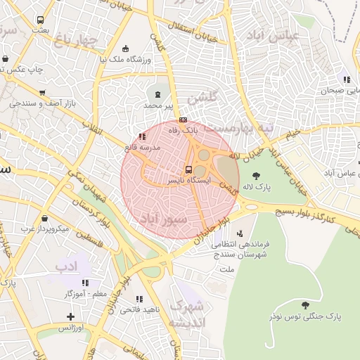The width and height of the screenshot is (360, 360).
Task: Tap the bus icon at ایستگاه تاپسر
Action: point(188,169)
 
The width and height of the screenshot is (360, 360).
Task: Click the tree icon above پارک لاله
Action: point(255,176)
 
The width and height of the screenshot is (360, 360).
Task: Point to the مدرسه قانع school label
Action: point(143,148)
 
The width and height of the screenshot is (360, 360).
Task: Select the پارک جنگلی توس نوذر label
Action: point(304,316)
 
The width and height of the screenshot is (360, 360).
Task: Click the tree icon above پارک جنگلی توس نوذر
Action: point(304,305)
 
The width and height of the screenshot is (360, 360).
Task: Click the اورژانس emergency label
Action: point(70,328)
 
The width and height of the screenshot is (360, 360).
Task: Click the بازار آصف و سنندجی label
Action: point(42,103)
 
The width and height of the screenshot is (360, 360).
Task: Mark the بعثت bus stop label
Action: point(40,30)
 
